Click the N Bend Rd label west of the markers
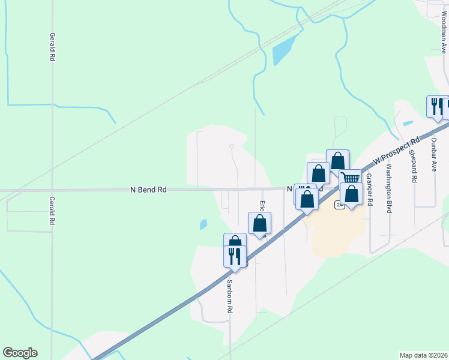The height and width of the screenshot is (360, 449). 148,190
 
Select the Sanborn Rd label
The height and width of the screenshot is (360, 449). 229,296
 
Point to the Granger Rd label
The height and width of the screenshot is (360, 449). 369,190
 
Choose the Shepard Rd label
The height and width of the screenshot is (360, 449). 414,166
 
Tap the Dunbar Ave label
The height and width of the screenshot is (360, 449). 433,155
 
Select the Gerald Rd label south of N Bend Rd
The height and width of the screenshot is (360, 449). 53,211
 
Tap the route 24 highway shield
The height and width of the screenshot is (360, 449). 340,205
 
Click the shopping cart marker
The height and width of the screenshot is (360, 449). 350,178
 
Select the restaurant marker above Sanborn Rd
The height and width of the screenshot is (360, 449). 235,256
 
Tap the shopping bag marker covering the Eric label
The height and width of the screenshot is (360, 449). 260,223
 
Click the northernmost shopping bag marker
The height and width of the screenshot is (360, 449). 337,160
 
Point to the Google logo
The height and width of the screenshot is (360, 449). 20,353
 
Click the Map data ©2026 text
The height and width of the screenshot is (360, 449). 423,355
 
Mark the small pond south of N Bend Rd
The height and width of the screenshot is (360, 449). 203,224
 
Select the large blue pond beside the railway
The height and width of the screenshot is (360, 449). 284,49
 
